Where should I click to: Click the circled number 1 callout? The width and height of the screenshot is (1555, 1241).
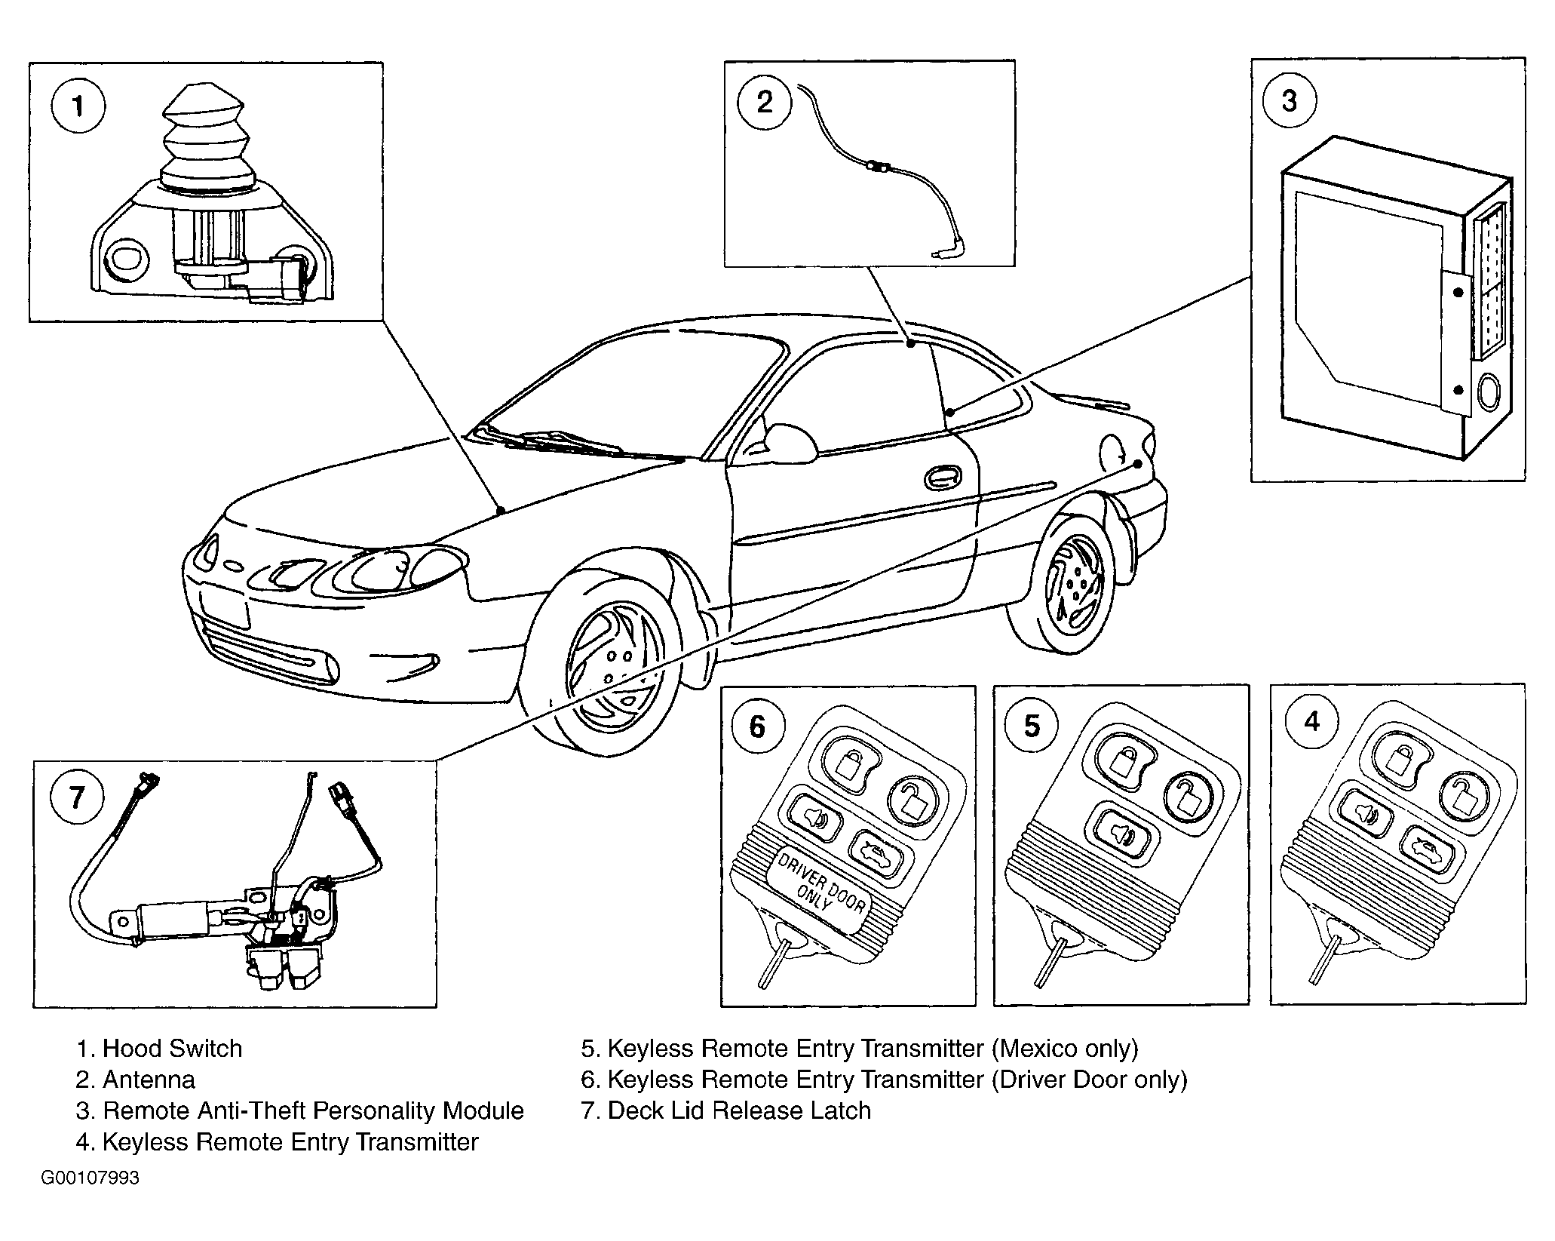click(x=78, y=107)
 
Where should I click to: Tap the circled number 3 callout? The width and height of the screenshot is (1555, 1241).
click(x=1289, y=100)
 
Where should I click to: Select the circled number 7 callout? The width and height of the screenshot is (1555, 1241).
click(x=76, y=797)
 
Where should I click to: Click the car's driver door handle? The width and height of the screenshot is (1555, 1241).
click(x=942, y=478)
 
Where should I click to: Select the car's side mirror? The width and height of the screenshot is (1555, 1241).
click(x=789, y=441)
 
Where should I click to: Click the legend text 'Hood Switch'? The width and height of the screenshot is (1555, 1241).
click(x=172, y=1049)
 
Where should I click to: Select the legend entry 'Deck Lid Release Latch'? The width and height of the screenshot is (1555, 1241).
click(x=738, y=1110)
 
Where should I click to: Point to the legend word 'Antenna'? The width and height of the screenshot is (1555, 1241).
click(x=149, y=1080)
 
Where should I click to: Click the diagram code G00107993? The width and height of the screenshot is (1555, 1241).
click(x=90, y=1178)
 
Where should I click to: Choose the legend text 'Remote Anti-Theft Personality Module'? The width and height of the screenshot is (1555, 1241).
click(x=312, y=1110)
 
